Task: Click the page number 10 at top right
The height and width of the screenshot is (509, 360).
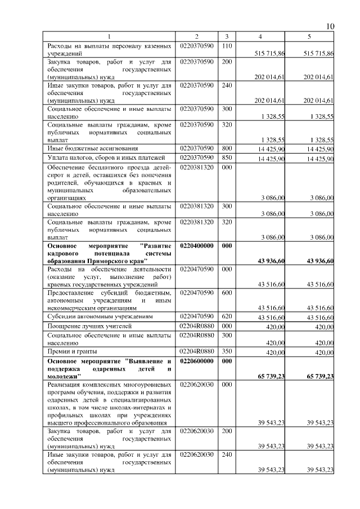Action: (x=330, y=26)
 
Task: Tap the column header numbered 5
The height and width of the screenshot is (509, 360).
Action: (x=309, y=37)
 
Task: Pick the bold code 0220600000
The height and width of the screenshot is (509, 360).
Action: (x=197, y=361)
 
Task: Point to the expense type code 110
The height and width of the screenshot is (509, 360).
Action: (x=227, y=45)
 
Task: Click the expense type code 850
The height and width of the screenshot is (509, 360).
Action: (x=227, y=157)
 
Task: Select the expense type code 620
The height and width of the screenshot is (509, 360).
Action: (x=227, y=318)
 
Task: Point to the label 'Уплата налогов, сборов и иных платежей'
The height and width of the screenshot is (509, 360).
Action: (x=106, y=157)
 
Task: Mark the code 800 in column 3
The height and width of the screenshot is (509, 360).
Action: (x=227, y=148)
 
